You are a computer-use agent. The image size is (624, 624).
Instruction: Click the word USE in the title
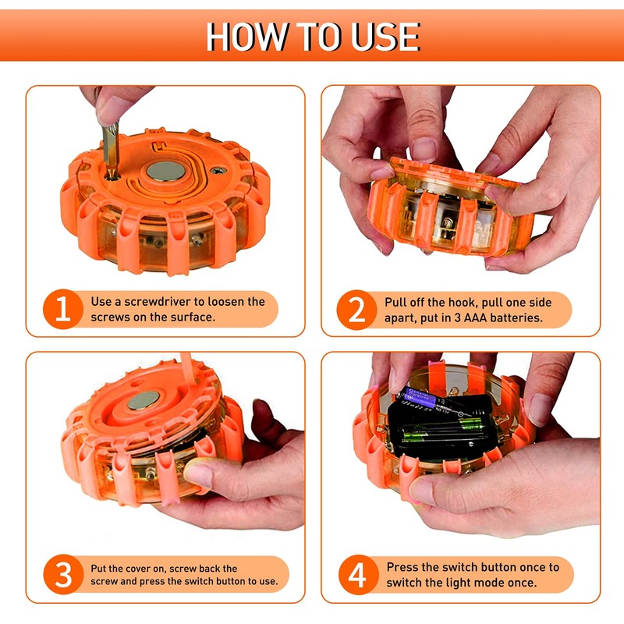[385, 37]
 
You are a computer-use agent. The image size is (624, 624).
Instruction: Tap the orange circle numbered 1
[63, 309]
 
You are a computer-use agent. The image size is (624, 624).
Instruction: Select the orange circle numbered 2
[356, 310]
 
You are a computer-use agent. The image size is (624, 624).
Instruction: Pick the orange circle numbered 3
[63, 574]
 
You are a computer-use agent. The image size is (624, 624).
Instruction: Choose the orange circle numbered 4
[358, 575]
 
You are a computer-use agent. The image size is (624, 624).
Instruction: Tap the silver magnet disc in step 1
[166, 171]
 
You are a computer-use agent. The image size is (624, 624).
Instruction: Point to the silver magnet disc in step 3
[144, 400]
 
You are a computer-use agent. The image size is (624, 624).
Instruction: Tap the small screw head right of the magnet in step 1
[218, 171]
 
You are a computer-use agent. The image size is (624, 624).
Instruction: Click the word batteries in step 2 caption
[516, 318]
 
